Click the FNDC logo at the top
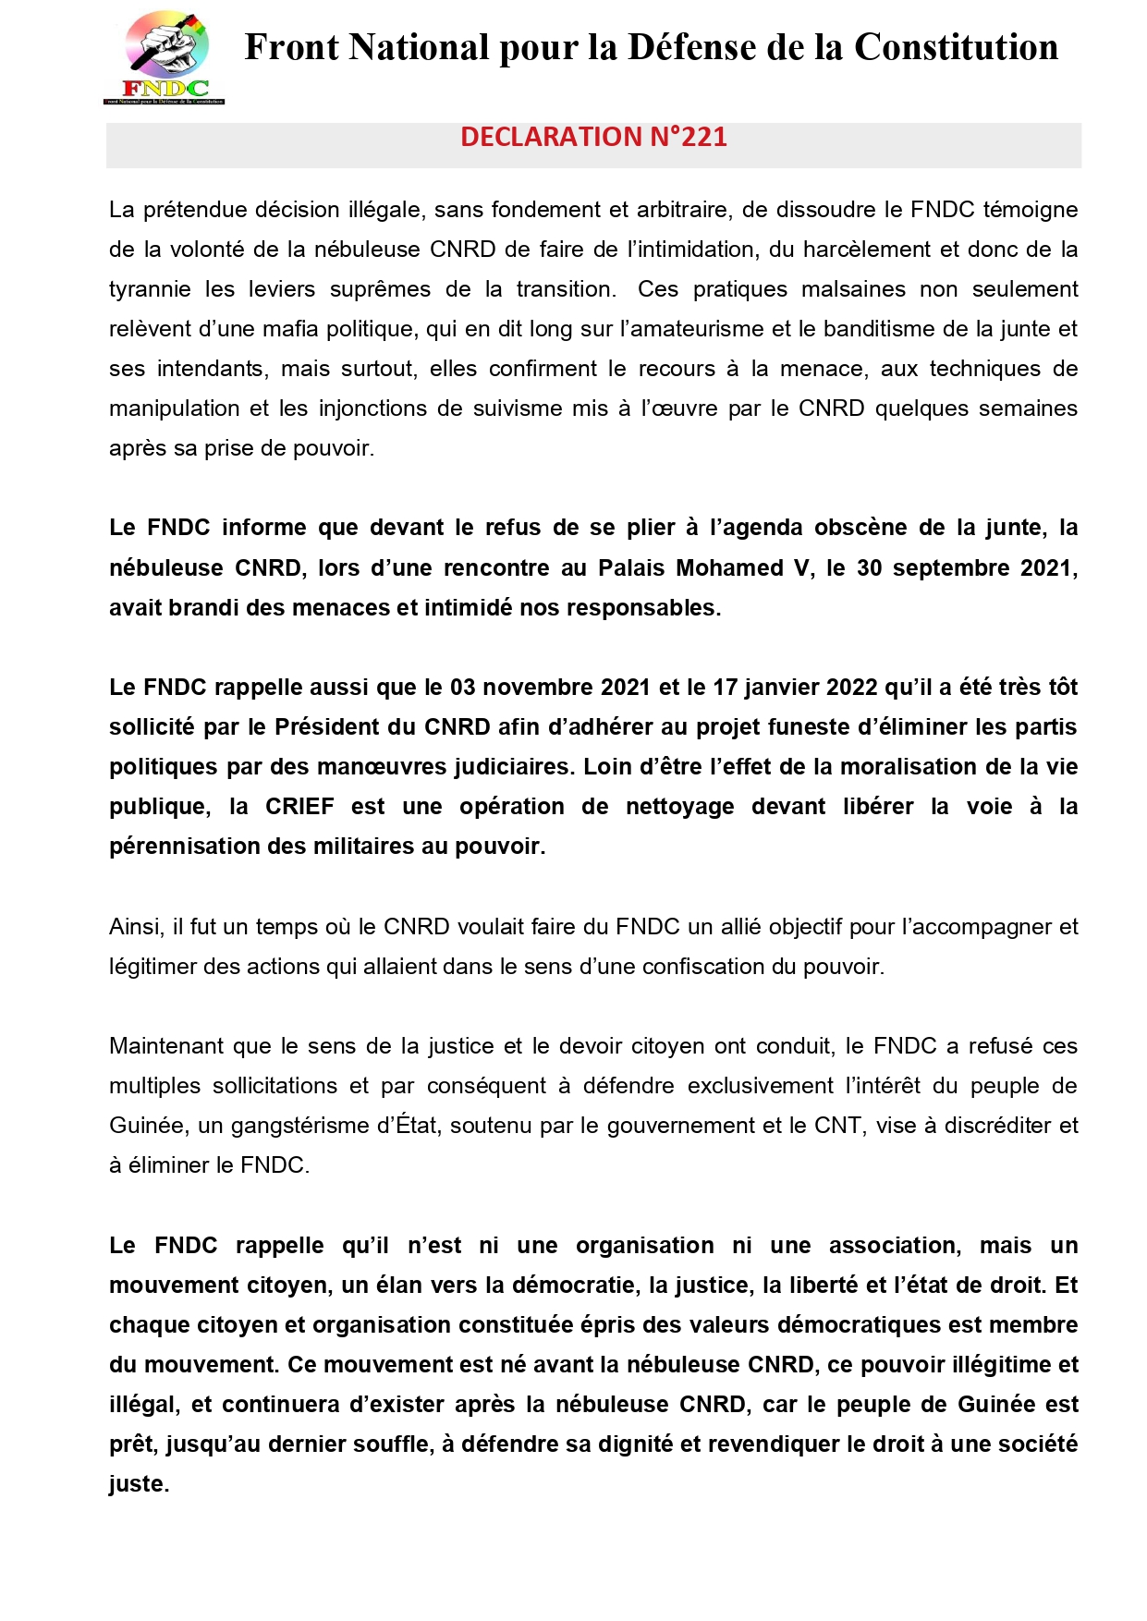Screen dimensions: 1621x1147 165,57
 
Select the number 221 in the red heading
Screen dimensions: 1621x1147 704,137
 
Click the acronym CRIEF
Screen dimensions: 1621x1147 299,807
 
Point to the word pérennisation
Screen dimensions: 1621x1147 185,847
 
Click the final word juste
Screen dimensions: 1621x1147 139,1484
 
